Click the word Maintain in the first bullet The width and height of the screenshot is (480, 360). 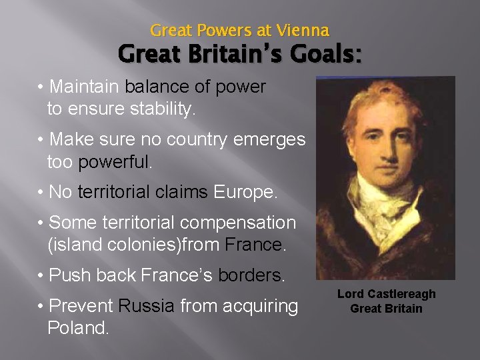click(84, 87)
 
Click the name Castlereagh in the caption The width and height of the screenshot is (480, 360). click(400, 294)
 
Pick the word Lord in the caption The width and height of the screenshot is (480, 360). click(350, 294)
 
